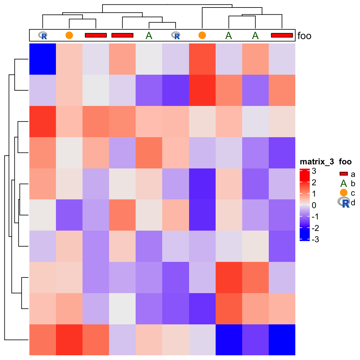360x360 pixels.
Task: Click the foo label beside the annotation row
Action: pyautogui.click(x=304, y=36)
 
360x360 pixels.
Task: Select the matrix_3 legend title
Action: pyautogui.click(x=317, y=162)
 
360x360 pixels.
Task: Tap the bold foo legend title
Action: pyautogui.click(x=345, y=162)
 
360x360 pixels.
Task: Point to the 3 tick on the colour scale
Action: pyautogui.click(x=314, y=171)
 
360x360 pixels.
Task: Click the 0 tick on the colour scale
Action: pyautogui.click(x=314, y=205)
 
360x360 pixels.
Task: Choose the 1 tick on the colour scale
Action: pyautogui.click(x=314, y=194)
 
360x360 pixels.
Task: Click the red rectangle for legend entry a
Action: pyautogui.click(x=343, y=174)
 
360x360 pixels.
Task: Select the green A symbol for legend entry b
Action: pyautogui.click(x=343, y=183)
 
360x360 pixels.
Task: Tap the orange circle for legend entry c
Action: pyautogui.click(x=343, y=193)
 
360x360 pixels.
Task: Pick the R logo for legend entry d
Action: pyautogui.click(x=344, y=202)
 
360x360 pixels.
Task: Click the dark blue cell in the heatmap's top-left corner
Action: pyautogui.click(x=42, y=59)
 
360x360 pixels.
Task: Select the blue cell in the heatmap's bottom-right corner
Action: pyautogui.click(x=282, y=340)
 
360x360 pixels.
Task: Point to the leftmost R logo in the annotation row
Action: pyautogui.click(x=42, y=35)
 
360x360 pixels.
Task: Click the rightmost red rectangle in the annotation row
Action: pyautogui.click(x=282, y=35)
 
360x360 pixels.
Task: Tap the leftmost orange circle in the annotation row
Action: pyautogui.click(x=69, y=35)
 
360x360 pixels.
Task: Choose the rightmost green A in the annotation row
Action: pyautogui.click(x=255, y=36)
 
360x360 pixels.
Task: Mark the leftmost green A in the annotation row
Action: pyautogui.click(x=149, y=36)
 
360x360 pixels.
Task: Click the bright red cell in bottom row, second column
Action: pyautogui.click(x=69, y=340)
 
